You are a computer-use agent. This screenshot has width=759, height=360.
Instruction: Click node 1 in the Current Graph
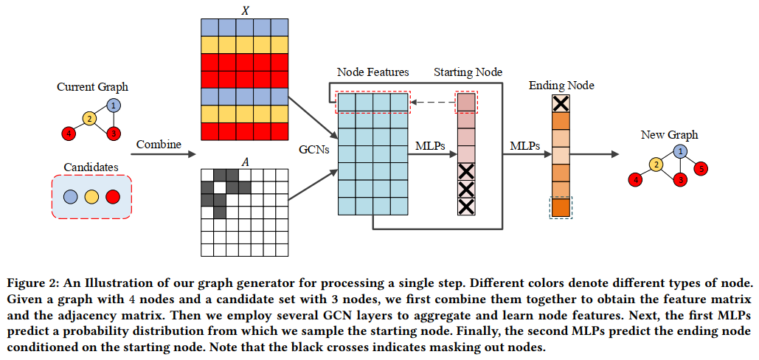pyautogui.click(x=112, y=105)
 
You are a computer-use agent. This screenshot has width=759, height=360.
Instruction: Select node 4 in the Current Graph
pyautogui.click(x=68, y=134)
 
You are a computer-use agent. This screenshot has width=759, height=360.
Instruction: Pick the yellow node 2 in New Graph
pyautogui.click(x=654, y=165)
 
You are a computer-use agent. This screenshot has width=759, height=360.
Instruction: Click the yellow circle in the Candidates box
pyautogui.click(x=92, y=197)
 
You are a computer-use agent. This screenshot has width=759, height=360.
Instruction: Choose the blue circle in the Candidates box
pyautogui.click(x=71, y=197)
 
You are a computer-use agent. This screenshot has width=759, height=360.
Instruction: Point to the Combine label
pyautogui.click(x=159, y=145)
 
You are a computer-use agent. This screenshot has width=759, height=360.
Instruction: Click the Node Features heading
pyautogui.click(x=372, y=72)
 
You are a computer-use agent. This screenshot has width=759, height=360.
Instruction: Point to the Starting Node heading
pyautogui.click(x=468, y=72)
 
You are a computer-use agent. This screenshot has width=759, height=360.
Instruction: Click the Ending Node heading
pyautogui.click(x=561, y=86)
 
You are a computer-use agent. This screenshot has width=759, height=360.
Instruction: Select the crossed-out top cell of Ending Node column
pyautogui.click(x=561, y=103)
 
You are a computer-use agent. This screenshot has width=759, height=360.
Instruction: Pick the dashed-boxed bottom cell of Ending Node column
pyautogui.click(x=561, y=207)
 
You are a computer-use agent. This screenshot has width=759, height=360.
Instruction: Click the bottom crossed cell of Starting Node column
pyautogui.click(x=466, y=206)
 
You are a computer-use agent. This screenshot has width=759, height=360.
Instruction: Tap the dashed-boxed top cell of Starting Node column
pyautogui.click(x=466, y=103)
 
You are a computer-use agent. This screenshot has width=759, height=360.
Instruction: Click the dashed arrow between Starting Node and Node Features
pyautogui.click(x=434, y=103)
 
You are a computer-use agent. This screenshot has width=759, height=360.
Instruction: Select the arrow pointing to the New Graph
pyautogui.click(x=594, y=155)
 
